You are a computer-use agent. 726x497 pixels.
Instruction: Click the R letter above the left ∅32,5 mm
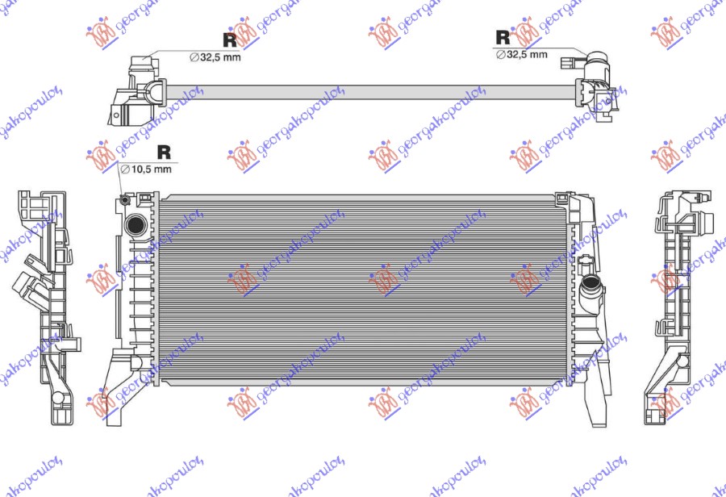click(229, 39)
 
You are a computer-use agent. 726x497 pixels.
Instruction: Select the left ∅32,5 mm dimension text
click(215, 57)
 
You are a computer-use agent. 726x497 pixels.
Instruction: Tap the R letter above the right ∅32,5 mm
click(503, 36)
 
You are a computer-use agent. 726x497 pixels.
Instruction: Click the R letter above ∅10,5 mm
click(164, 151)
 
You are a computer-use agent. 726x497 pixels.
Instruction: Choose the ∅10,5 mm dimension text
click(146, 169)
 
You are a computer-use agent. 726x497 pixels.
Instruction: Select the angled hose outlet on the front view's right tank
click(591, 284)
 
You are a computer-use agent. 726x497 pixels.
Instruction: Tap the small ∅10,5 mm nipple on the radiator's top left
click(124, 200)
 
